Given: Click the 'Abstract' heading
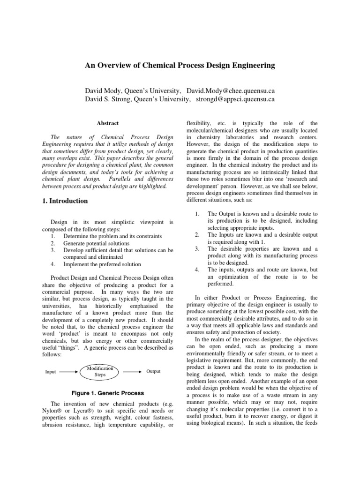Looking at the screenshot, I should pos(108,123).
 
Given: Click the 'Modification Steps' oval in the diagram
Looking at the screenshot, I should pos(100,372).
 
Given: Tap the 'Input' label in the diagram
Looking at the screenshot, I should pos(51,372).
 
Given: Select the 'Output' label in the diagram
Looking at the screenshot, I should pos(153,371).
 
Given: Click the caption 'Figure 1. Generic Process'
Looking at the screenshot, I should pos(107,392).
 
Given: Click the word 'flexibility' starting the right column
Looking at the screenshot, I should pos(199,123).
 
